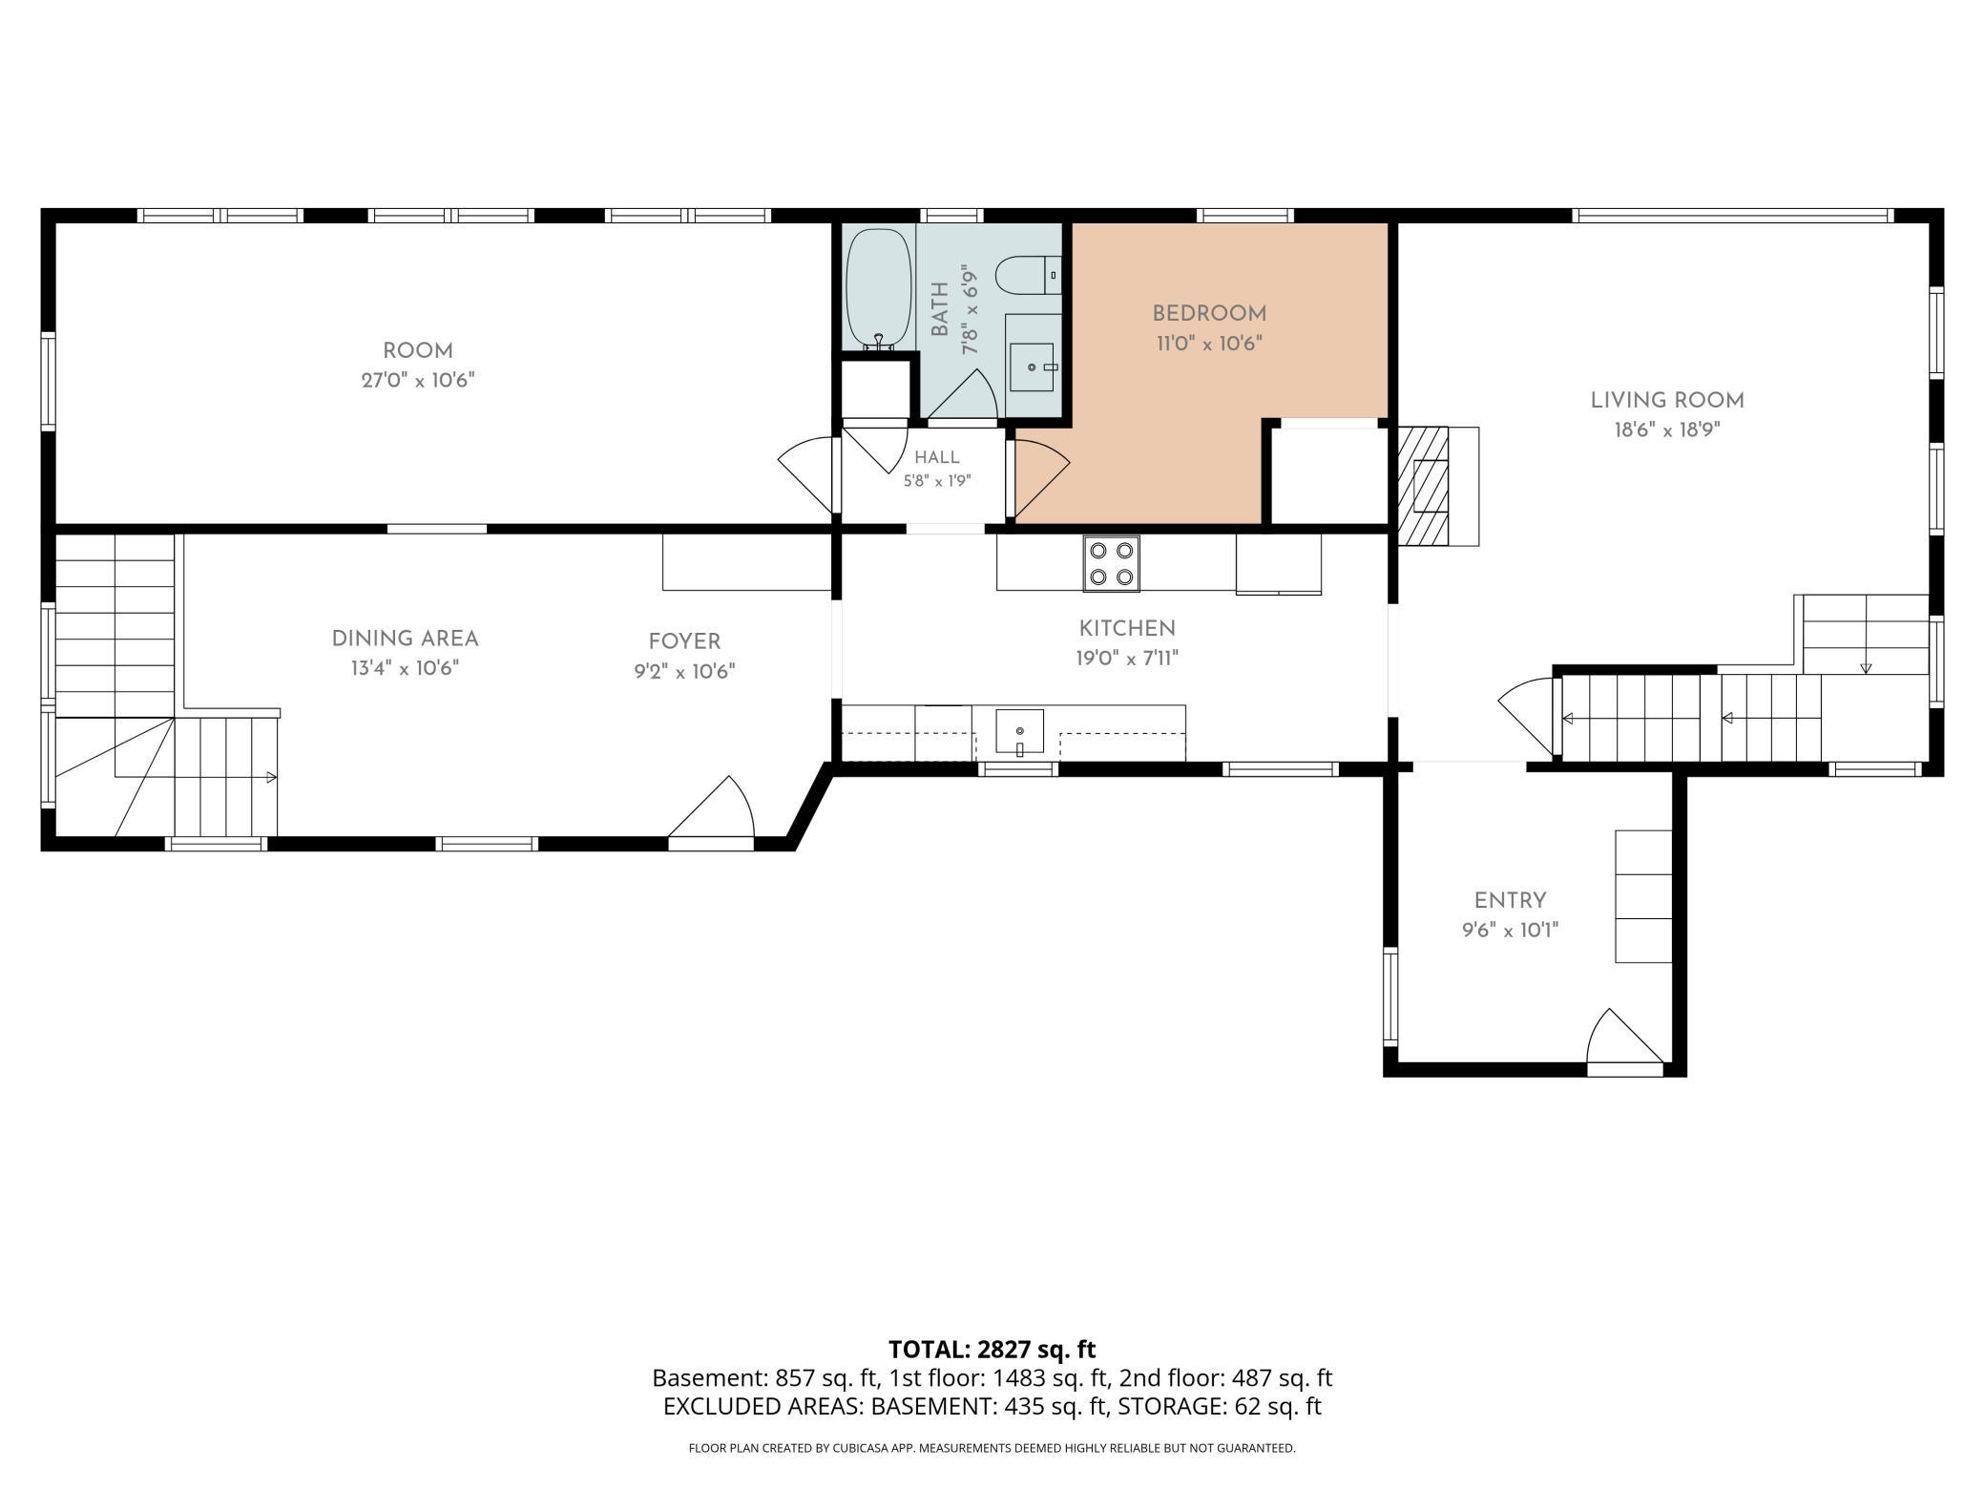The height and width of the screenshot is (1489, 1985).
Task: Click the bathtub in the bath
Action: click(879, 289)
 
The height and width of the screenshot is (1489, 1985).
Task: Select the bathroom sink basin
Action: click(1032, 367)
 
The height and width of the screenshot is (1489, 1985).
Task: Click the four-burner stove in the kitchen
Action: click(1111, 563)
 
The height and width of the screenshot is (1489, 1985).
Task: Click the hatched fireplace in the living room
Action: click(1423, 486)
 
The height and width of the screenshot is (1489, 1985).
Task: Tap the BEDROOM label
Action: click(1209, 313)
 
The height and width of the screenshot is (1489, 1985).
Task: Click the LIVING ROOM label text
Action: click(1667, 401)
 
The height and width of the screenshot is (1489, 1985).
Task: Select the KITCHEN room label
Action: click(1127, 628)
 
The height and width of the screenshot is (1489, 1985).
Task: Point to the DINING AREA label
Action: click(405, 639)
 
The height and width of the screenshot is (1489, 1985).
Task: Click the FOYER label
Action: click(684, 641)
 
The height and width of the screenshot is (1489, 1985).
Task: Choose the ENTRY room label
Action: click(1510, 900)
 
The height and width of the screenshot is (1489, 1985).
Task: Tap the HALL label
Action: click(937, 458)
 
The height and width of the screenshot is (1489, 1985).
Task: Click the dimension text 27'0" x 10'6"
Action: click(418, 380)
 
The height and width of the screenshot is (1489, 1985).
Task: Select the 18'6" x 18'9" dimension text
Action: click(1667, 430)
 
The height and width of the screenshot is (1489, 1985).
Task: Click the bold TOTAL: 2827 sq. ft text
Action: click(992, 1349)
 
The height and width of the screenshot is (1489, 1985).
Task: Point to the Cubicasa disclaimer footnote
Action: click(992, 1448)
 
